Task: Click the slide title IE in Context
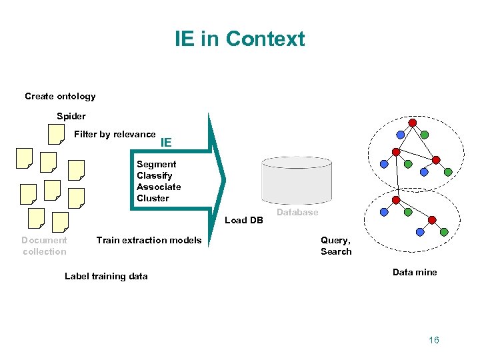click(239, 39)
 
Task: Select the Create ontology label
click(60, 96)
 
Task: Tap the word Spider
click(71, 116)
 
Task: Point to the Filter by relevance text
click(115, 134)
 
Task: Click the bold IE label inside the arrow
click(166, 142)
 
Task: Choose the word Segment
click(156, 164)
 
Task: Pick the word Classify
click(154, 175)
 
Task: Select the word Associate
click(159, 187)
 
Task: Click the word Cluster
click(153, 198)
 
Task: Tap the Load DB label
click(244, 220)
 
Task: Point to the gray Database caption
click(297, 212)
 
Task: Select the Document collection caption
click(44, 245)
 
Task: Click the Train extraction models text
click(149, 240)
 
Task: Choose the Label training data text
click(106, 276)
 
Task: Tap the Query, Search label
click(335, 245)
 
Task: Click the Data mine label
click(415, 272)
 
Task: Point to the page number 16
click(434, 340)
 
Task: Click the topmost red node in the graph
click(413, 123)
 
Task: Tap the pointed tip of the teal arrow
click(225, 178)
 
